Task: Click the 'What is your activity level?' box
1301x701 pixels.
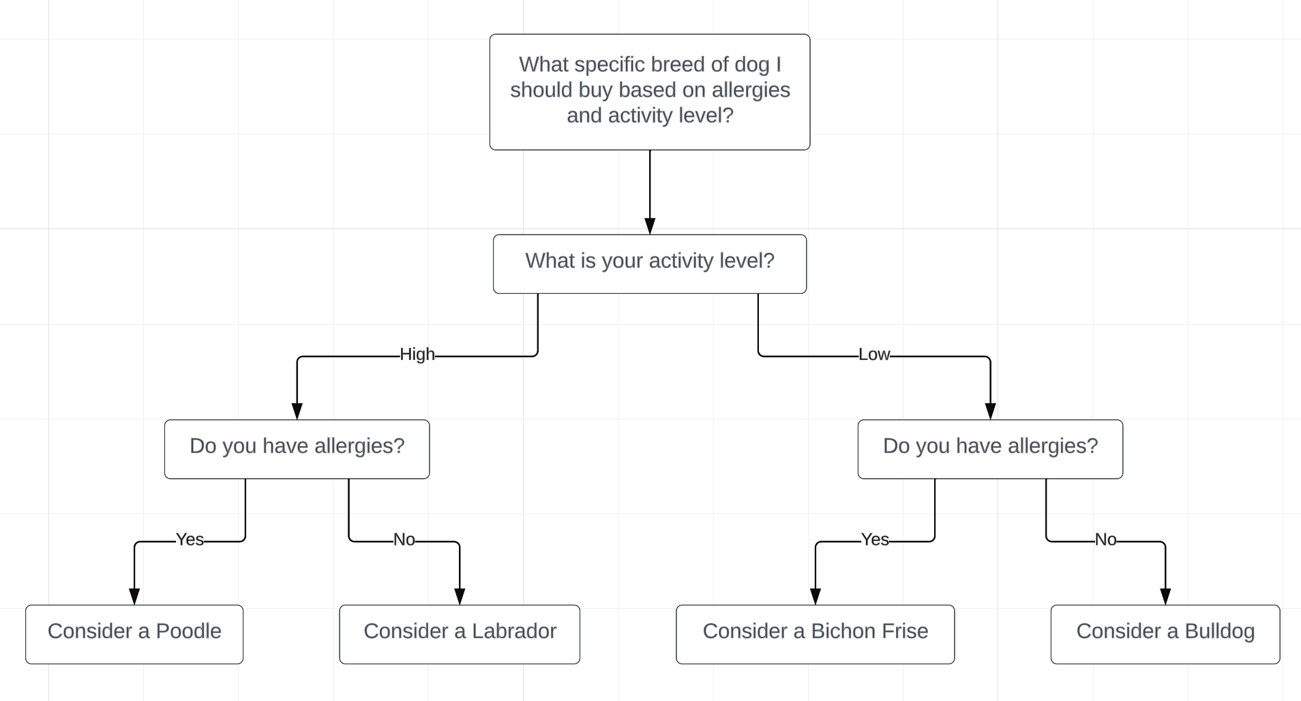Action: click(x=650, y=264)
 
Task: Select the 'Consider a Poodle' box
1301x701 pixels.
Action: click(x=134, y=634)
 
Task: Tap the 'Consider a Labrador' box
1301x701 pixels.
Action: click(x=460, y=634)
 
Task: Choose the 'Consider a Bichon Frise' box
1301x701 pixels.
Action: click(x=816, y=634)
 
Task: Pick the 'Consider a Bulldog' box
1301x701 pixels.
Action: click(x=1165, y=634)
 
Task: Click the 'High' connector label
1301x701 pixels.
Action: click(x=417, y=355)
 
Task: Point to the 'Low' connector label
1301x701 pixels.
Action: click(x=874, y=355)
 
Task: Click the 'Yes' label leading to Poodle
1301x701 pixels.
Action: click(x=190, y=540)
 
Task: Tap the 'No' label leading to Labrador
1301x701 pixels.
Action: click(x=404, y=540)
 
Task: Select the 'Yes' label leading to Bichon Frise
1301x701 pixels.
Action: click(x=875, y=540)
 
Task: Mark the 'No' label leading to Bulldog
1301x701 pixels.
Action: click(x=1105, y=540)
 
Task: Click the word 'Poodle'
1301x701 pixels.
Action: click(x=189, y=631)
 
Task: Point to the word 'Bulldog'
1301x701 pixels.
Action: click(x=1220, y=632)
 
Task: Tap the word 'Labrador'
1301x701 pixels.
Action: click(x=514, y=631)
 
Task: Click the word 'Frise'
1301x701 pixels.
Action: click(x=903, y=631)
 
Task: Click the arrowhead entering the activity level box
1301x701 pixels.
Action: click(x=650, y=226)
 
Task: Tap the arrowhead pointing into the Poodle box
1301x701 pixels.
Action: click(x=134, y=597)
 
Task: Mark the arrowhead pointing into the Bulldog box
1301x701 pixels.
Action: click(x=1165, y=597)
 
